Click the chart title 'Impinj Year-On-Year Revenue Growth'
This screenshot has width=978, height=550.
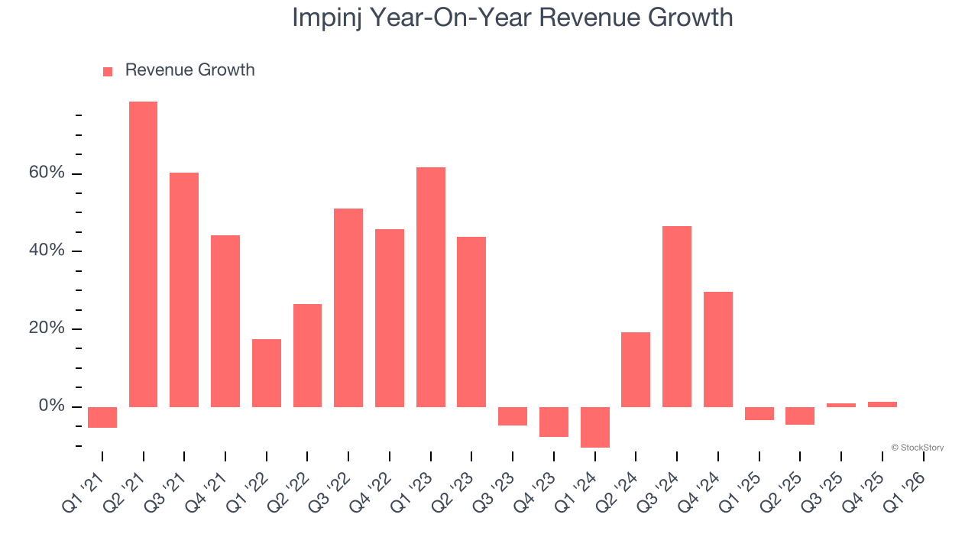tap(512, 17)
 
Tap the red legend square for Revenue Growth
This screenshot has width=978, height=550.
tap(108, 71)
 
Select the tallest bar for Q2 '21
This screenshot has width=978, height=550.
tap(143, 254)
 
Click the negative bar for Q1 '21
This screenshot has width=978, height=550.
tap(102, 417)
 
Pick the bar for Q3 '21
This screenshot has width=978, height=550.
tap(184, 290)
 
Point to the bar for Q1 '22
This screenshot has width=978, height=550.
tap(267, 373)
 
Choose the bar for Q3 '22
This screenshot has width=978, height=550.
tap(348, 307)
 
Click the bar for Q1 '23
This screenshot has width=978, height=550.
tap(431, 286)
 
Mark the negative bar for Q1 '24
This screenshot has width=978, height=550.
tap(595, 427)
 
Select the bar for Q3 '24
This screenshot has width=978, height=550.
tap(677, 316)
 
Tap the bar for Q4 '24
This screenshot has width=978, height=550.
tap(718, 349)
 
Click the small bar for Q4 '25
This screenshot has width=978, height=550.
tap(882, 404)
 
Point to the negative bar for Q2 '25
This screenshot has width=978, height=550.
tap(800, 416)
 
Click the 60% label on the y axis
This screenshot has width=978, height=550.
tap(47, 173)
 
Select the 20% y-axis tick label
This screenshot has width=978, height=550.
tap(47, 328)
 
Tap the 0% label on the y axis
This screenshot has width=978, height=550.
tap(51, 406)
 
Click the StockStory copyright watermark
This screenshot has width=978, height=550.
tap(917, 448)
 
